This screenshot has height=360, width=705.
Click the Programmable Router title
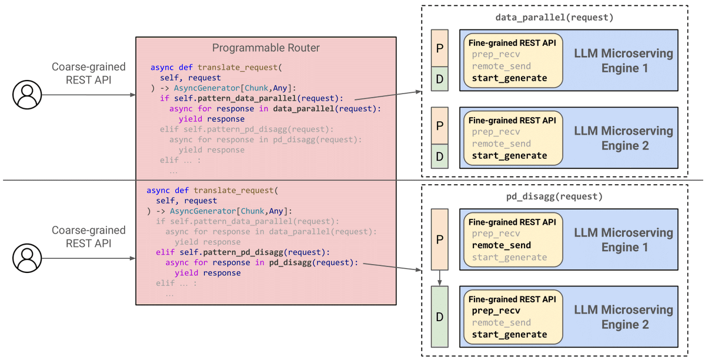pos(266,48)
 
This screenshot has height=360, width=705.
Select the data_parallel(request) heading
pos(554,18)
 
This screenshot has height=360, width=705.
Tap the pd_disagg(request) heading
pos(554,196)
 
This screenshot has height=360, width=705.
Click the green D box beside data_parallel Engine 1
pos(440,79)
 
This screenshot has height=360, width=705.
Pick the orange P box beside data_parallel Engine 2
pos(440,125)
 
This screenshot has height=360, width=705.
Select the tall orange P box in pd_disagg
pos(440,239)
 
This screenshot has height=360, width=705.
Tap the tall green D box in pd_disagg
pos(440,317)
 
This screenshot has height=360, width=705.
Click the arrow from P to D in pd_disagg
pos(440,278)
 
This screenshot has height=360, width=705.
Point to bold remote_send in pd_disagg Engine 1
pos(502,246)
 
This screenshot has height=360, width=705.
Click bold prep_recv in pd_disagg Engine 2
pos(496,311)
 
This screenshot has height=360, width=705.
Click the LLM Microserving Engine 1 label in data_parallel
pos(624,61)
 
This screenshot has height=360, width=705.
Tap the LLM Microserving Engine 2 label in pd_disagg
pos(624,317)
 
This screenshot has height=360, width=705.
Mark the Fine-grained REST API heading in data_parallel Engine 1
pos(512,43)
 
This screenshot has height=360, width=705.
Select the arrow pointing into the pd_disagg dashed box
pos(392,267)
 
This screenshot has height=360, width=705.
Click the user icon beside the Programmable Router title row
pos(27,95)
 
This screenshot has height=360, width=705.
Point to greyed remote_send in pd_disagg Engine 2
pos(502,323)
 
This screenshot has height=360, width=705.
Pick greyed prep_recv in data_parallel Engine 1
pos(496,55)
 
